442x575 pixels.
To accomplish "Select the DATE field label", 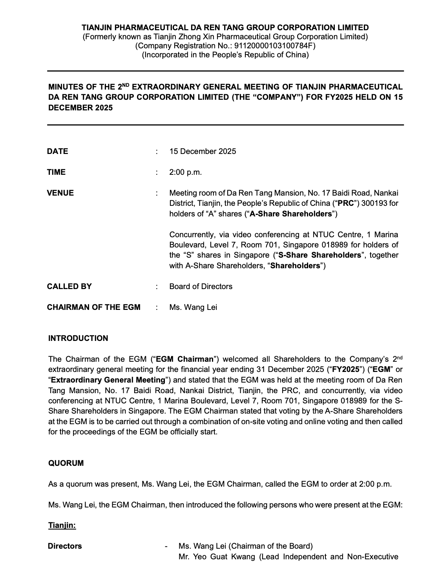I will [57, 151].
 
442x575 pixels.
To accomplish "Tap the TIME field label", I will [56, 172].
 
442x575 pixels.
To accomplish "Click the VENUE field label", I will [60, 193].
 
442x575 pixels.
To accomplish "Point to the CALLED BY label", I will [69, 286].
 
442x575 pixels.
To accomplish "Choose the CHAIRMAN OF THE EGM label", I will [93, 307].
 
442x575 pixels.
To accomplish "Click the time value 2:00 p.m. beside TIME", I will [185, 172].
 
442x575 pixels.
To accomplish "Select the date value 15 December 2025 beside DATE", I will [203, 151].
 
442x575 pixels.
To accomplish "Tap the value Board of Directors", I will [201, 286].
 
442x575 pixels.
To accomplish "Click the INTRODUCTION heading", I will [78, 338].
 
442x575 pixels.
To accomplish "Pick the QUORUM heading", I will [66, 463].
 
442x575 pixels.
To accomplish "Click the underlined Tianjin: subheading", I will [62, 525].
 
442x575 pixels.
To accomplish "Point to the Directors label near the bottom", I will [65, 546].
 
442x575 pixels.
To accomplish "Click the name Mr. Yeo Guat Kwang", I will [216, 557].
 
